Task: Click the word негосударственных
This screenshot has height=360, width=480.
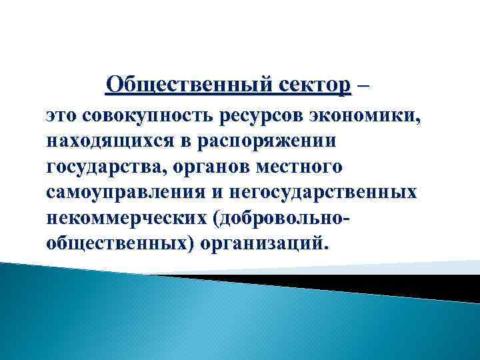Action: click(324, 191)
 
